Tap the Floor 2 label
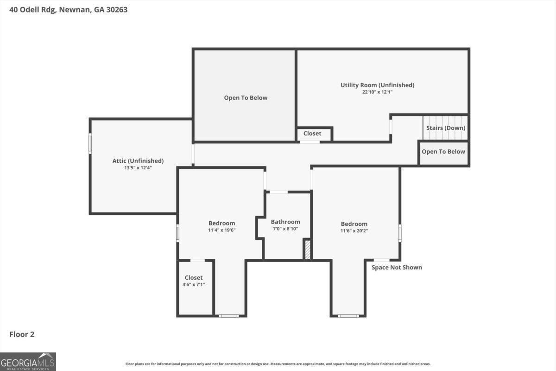[x=22, y=334]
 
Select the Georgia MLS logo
[x=28, y=362]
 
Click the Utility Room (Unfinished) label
[x=377, y=85]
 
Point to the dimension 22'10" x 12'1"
[x=377, y=92]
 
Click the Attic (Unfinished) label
[x=138, y=161]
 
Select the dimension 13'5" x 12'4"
[x=138, y=168]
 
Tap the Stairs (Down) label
[x=446, y=128]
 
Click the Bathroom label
[x=285, y=222]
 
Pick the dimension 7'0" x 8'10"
[x=285, y=229]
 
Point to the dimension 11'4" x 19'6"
[x=221, y=230]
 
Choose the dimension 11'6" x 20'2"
[x=354, y=231]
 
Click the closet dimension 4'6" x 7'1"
[x=194, y=285]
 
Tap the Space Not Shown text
[x=397, y=268]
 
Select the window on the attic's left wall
[x=90, y=143]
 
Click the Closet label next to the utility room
[x=312, y=134]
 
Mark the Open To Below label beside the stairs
[x=443, y=152]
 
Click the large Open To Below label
[x=246, y=98]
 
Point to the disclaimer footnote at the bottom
[x=278, y=364]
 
